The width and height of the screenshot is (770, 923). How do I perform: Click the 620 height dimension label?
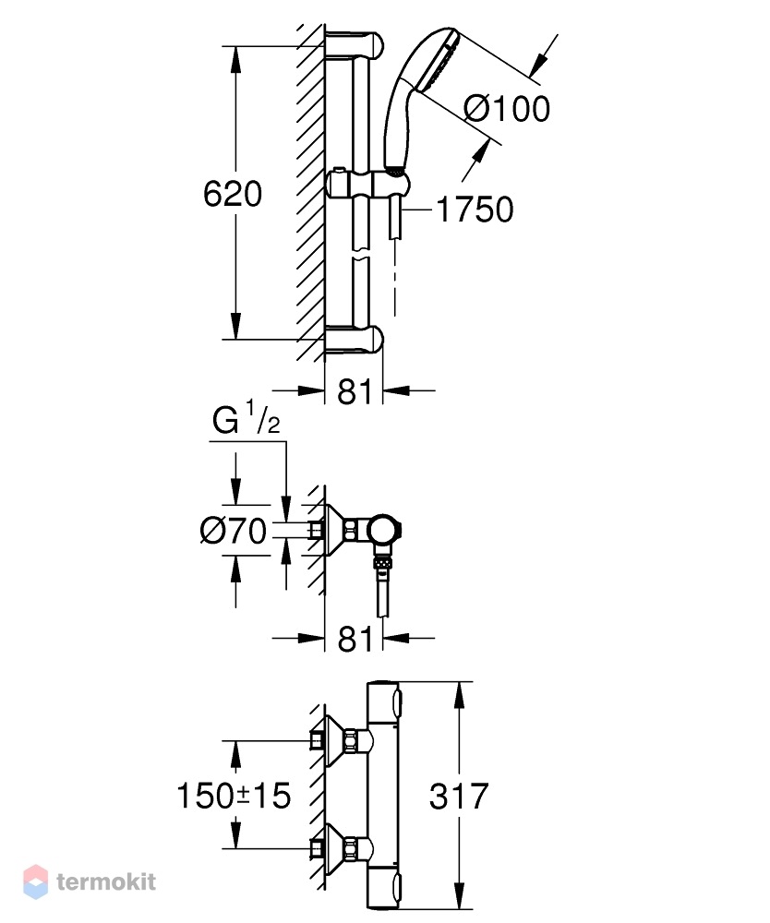[233, 194]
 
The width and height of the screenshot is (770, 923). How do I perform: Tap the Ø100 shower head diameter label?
[507, 108]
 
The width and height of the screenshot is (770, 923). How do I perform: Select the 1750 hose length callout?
[475, 210]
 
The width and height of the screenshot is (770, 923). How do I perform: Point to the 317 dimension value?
[459, 796]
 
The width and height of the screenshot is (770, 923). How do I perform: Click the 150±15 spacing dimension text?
[234, 796]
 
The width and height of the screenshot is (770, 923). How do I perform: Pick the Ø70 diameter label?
[233, 531]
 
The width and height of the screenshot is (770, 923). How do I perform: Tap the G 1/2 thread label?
[247, 417]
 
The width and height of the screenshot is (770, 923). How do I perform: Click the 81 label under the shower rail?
[355, 391]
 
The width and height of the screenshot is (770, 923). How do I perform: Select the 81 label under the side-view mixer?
[355, 639]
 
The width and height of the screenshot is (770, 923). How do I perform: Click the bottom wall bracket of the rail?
[354, 341]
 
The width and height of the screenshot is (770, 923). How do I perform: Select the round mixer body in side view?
[384, 529]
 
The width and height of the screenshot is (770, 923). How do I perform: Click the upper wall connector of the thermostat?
[341, 740]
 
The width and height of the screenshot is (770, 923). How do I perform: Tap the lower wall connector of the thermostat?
[341, 848]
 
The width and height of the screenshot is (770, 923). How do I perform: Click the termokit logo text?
[106, 881]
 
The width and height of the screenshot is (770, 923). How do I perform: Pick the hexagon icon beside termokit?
[35, 881]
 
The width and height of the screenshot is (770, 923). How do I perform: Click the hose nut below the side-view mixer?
[383, 563]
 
